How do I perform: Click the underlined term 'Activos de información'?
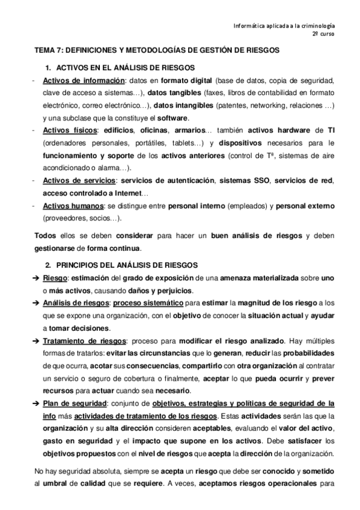click(83, 81)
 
